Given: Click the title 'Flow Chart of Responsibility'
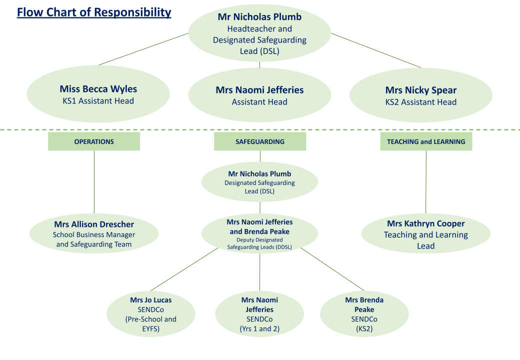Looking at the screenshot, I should [94, 12].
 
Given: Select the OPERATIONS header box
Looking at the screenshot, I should [94, 141].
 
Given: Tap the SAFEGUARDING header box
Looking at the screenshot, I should [260, 141].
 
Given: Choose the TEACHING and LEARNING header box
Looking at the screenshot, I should [426, 141].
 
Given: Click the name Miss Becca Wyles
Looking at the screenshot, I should [98, 89].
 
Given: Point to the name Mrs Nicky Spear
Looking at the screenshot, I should [420, 90].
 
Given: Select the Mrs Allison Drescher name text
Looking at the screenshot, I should [94, 224].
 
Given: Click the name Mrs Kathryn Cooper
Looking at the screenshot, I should [425, 223].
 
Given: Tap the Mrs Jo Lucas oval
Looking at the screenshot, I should [151, 314].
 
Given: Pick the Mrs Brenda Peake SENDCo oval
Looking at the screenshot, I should [364, 314].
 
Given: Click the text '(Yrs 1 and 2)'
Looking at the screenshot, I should [259, 328].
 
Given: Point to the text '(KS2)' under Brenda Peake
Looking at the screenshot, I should [364, 328].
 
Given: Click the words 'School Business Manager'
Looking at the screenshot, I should [94, 234].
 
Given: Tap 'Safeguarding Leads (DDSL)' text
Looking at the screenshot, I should [259, 247].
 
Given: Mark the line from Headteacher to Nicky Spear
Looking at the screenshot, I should [376, 50].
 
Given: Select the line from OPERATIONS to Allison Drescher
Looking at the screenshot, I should [94, 182].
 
